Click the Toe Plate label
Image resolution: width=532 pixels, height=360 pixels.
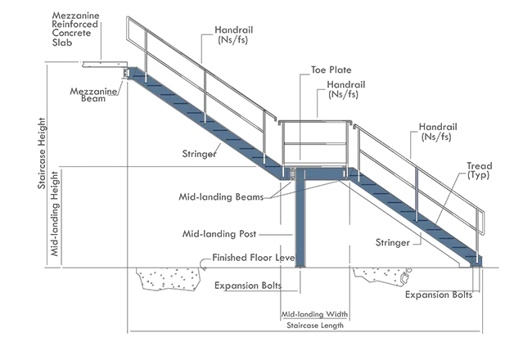point(331,70)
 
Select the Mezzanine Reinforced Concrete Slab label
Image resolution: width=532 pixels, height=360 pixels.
point(75,29)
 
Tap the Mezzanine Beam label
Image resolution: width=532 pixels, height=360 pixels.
point(93,95)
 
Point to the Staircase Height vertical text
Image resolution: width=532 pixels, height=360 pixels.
point(42,153)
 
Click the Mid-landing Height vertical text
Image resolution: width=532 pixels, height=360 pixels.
point(54,214)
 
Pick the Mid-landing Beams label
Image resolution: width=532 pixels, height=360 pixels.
point(221,197)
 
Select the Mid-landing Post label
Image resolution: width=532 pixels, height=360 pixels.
point(219,234)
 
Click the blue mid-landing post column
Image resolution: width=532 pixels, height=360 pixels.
point(300,223)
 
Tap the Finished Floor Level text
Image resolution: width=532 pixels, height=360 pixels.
point(254,258)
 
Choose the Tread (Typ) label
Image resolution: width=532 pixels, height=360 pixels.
point(479,170)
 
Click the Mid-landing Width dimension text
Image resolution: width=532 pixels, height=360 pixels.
point(314,314)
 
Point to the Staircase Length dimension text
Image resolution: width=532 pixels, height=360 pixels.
point(315,326)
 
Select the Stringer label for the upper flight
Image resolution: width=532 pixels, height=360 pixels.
point(199,154)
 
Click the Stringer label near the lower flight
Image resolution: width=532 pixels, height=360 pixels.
point(393,243)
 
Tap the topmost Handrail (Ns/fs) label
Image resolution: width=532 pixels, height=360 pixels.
point(233,34)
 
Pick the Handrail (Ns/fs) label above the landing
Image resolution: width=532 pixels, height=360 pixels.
point(345,89)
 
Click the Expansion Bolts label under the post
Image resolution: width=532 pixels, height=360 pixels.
point(248,286)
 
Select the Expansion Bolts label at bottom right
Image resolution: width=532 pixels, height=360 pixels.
point(439,295)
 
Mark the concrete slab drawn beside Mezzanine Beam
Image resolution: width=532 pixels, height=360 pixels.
point(105,64)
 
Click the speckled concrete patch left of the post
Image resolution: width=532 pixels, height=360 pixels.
point(167,279)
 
